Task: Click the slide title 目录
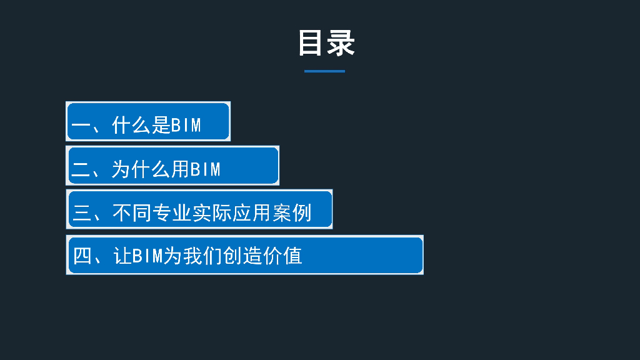coord(326,43)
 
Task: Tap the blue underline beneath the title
coord(324,71)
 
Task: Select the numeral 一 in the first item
coord(81,126)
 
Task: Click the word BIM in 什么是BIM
coord(186,126)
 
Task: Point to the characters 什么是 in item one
coord(141,126)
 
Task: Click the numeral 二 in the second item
coord(81,169)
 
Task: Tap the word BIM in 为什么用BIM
coord(206,169)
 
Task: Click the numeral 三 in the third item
coord(82,213)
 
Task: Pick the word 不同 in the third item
coord(132,213)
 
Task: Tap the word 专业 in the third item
coord(172,213)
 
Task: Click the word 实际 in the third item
coord(212,213)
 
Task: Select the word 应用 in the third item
coord(252,213)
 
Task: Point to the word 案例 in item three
coord(292,213)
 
